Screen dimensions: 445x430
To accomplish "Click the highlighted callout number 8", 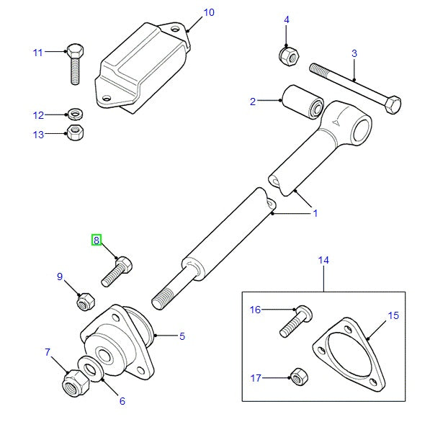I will pyautogui.click(x=96, y=241).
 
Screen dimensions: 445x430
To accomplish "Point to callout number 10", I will pyautogui.click(x=208, y=12).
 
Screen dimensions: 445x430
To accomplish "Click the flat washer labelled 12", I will pyautogui.click(x=74, y=114).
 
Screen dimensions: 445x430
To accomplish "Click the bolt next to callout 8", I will pyautogui.click(x=117, y=271).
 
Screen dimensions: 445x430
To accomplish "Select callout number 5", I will pyautogui.click(x=182, y=336).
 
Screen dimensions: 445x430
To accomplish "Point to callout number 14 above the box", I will pyautogui.click(x=323, y=260).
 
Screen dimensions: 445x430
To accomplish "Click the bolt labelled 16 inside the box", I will pyautogui.click(x=295, y=320).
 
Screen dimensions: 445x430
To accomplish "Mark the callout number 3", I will pyautogui.click(x=354, y=53).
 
